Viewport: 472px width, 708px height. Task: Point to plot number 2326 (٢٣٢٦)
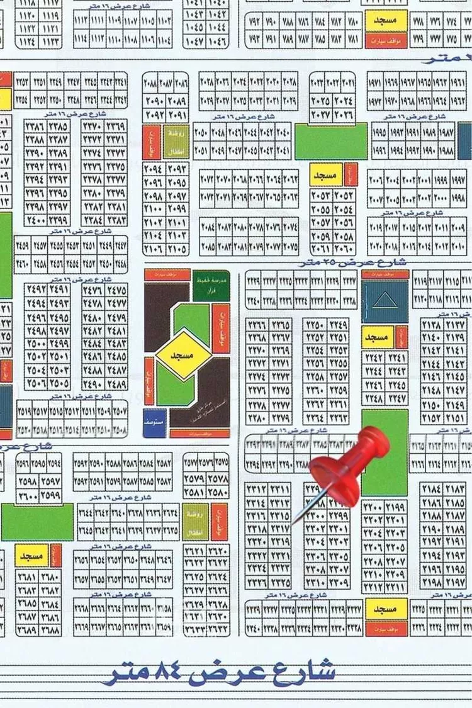(x=258, y=583)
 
